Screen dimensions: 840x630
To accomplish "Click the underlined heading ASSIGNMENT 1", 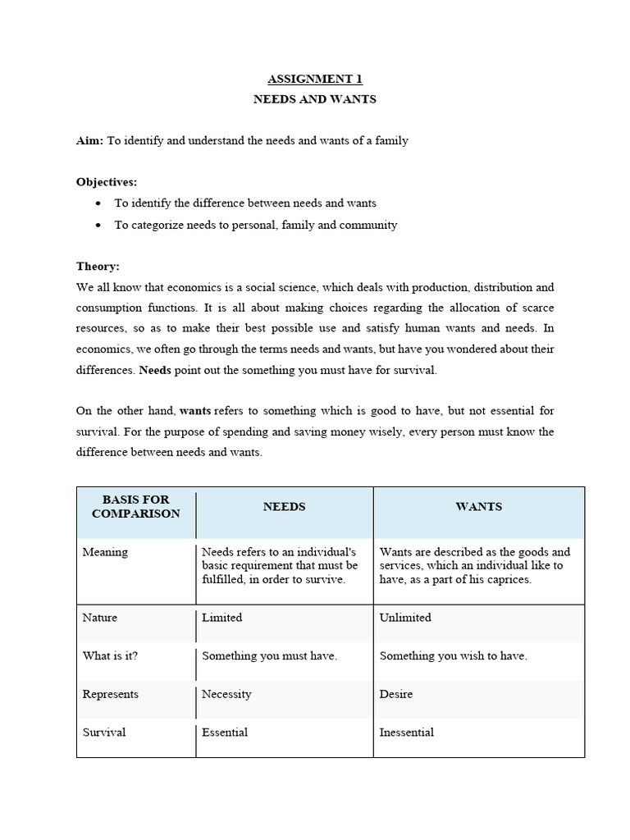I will point(315,80).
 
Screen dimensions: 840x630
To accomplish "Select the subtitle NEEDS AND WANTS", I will point(315,99).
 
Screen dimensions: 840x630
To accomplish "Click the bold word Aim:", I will point(89,141).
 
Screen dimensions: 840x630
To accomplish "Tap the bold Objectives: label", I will point(107,182).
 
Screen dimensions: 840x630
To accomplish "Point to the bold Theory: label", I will point(98,267).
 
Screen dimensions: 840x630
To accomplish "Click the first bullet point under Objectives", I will point(99,203).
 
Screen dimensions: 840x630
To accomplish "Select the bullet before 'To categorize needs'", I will point(99,225).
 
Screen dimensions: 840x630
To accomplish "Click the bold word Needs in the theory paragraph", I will point(155,370).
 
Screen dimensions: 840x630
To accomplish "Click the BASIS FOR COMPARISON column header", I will point(135,506).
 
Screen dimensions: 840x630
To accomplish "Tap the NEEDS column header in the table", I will point(284,507).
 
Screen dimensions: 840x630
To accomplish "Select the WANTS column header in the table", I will point(478,507).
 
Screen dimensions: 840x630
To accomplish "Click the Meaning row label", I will point(105,552).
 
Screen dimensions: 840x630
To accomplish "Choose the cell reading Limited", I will point(222,618).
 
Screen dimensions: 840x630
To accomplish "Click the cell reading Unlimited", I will point(405,618).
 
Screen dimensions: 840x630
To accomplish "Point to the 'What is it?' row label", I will point(111,656).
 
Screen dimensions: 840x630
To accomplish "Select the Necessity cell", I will point(226,694).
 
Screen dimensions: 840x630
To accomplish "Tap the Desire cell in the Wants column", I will point(396,694).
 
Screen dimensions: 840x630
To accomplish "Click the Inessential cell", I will point(407,733).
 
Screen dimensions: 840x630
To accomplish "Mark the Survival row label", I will point(104,733).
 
